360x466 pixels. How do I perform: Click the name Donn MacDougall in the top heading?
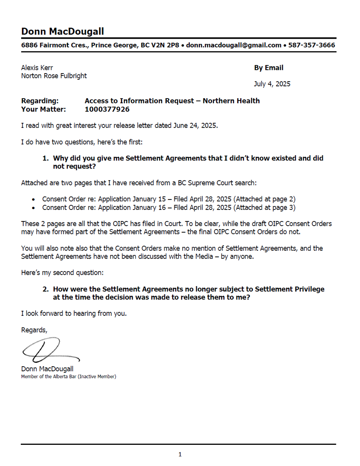point(62,32)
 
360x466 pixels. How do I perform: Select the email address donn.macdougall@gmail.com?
point(233,45)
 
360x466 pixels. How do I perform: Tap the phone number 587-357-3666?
point(311,45)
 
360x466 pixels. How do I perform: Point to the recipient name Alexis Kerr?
point(37,68)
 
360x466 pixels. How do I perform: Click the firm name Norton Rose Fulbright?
point(54,76)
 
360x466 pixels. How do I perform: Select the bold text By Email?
point(269,68)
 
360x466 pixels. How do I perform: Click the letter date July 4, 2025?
point(272,84)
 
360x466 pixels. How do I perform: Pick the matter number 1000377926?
point(107,109)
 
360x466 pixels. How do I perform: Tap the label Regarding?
point(40,101)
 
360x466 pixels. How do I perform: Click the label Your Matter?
point(43,109)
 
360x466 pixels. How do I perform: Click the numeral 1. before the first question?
point(46,158)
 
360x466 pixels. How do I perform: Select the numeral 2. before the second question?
point(46,289)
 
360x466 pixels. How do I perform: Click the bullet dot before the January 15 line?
point(33,199)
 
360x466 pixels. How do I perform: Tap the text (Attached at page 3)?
point(265,208)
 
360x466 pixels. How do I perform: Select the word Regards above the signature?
point(34,330)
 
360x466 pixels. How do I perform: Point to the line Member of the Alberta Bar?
point(68,377)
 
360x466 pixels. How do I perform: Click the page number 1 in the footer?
point(180,455)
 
